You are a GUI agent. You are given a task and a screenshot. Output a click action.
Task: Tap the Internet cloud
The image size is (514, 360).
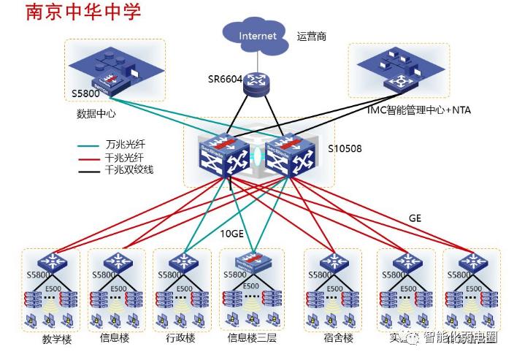point(257,36)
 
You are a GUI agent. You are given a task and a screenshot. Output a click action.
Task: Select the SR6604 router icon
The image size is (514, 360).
point(257,82)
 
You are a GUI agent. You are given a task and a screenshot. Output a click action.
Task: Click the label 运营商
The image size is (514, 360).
point(312,35)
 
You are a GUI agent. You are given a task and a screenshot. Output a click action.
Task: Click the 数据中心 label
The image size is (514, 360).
point(96,114)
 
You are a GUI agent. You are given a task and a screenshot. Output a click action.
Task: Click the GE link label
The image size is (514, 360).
point(415,218)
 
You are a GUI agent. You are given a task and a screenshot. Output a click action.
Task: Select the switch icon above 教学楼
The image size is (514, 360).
point(53,261)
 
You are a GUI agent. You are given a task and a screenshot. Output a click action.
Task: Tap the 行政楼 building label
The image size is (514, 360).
point(180,338)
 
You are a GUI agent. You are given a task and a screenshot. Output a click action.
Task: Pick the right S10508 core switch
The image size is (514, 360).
point(285,155)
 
